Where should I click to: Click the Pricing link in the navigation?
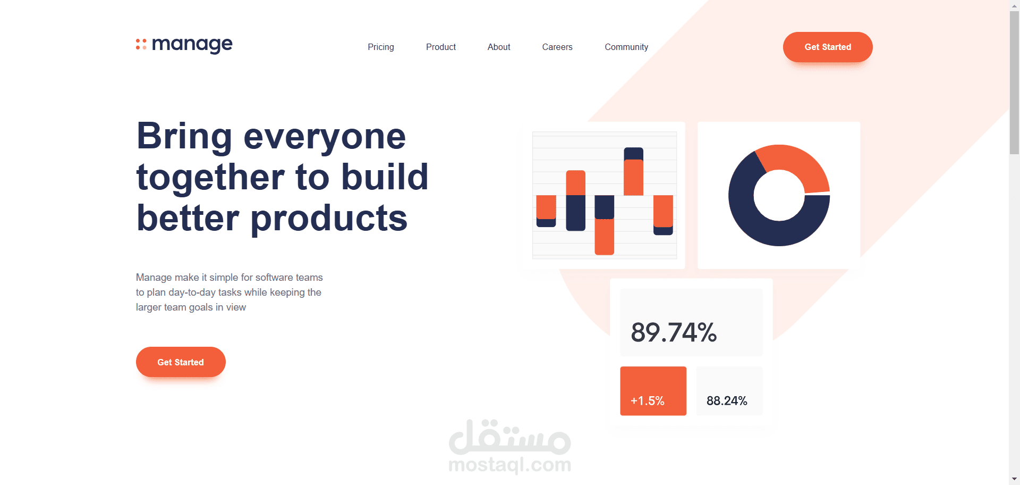(381, 47)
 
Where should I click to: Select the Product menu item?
(441, 47)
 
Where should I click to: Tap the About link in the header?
(499, 47)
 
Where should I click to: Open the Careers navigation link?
(557, 47)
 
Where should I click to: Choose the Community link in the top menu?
(626, 47)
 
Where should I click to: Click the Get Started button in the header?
(828, 47)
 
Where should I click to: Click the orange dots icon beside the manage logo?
(141, 44)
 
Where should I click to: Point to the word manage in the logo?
(192, 44)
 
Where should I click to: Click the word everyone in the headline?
(325, 137)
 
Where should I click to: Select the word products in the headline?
(329, 218)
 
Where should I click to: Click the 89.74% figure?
(674, 332)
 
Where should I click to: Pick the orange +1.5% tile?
(653, 391)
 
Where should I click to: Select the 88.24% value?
(727, 400)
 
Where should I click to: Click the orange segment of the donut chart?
(797, 162)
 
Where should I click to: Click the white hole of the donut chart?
(779, 195)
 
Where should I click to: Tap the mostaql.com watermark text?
(510, 465)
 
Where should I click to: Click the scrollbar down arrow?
(1014, 479)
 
